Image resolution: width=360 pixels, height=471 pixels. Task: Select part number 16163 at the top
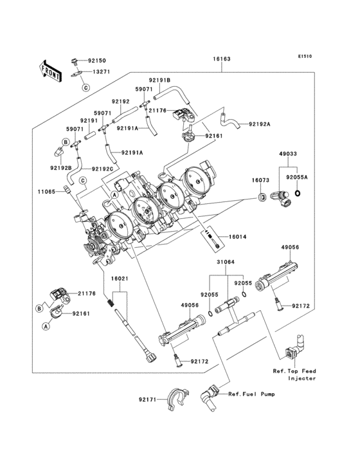pyautogui.click(x=222, y=59)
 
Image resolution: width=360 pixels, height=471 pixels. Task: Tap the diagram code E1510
pyautogui.click(x=305, y=56)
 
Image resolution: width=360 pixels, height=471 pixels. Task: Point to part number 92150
pyautogui.click(x=97, y=60)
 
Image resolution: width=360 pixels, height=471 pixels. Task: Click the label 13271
pyautogui.click(x=101, y=72)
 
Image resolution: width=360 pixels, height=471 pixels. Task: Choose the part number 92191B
pyautogui.click(x=159, y=80)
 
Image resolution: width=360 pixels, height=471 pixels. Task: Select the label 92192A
pyautogui.click(x=260, y=124)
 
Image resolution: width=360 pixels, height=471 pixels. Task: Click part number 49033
pyautogui.click(x=288, y=154)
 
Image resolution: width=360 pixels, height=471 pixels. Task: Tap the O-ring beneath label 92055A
pyautogui.click(x=298, y=193)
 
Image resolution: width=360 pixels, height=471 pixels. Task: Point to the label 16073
pyautogui.click(x=260, y=180)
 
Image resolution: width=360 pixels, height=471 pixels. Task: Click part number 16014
pyautogui.click(x=237, y=237)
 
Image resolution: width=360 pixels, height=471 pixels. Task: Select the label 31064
pyautogui.click(x=226, y=262)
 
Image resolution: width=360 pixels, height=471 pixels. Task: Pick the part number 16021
pyautogui.click(x=120, y=279)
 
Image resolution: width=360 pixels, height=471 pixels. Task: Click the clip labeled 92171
pyautogui.click(x=177, y=399)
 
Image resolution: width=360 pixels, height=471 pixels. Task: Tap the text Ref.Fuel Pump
pyautogui.click(x=251, y=394)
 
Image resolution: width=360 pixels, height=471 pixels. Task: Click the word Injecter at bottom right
pyautogui.click(x=302, y=378)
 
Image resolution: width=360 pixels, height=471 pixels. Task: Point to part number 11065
pyautogui.click(x=46, y=191)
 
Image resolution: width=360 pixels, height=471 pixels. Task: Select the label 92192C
pyautogui.click(x=103, y=169)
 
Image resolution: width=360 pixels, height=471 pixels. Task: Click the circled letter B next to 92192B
pyautogui.click(x=66, y=142)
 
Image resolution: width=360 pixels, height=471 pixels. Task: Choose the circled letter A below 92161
pyautogui.click(x=46, y=326)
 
